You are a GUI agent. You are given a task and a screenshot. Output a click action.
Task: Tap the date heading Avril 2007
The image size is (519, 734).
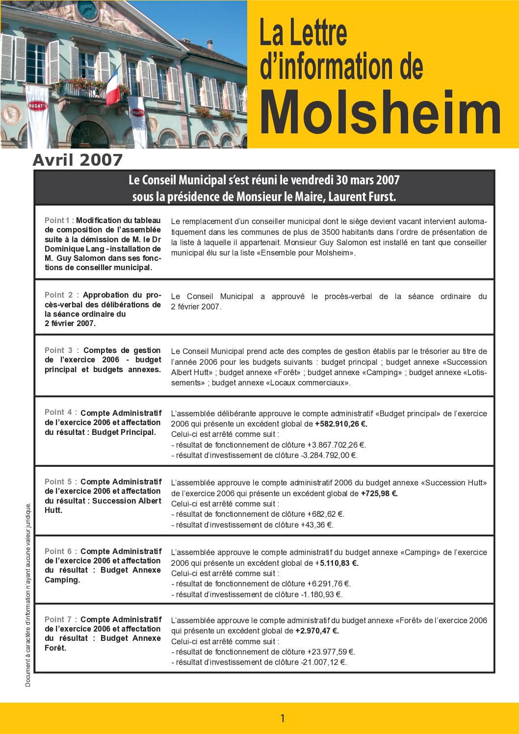pos(78,160)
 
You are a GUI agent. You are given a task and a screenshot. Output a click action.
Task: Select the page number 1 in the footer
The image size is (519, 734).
pos(283,718)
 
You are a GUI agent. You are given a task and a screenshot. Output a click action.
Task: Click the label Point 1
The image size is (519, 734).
pos(59,220)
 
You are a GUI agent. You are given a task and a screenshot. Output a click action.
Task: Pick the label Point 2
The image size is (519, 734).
pos(59,295)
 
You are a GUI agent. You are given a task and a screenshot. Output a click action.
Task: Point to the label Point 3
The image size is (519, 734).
pos(59,350)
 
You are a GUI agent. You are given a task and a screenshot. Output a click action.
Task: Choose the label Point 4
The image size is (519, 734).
pos(59,412)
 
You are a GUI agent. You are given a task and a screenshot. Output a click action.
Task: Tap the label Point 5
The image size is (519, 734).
pos(59,481)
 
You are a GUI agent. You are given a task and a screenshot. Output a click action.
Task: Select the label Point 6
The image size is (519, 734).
pos(59,551)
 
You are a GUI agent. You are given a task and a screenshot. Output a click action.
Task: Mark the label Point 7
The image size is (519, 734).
pos(59,619)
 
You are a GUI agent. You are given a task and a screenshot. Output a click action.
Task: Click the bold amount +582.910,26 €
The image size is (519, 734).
pos(341,424)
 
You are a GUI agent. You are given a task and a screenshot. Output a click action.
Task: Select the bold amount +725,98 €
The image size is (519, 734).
pos(379,494)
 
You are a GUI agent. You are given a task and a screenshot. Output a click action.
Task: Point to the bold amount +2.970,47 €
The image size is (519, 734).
pos(317,631)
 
